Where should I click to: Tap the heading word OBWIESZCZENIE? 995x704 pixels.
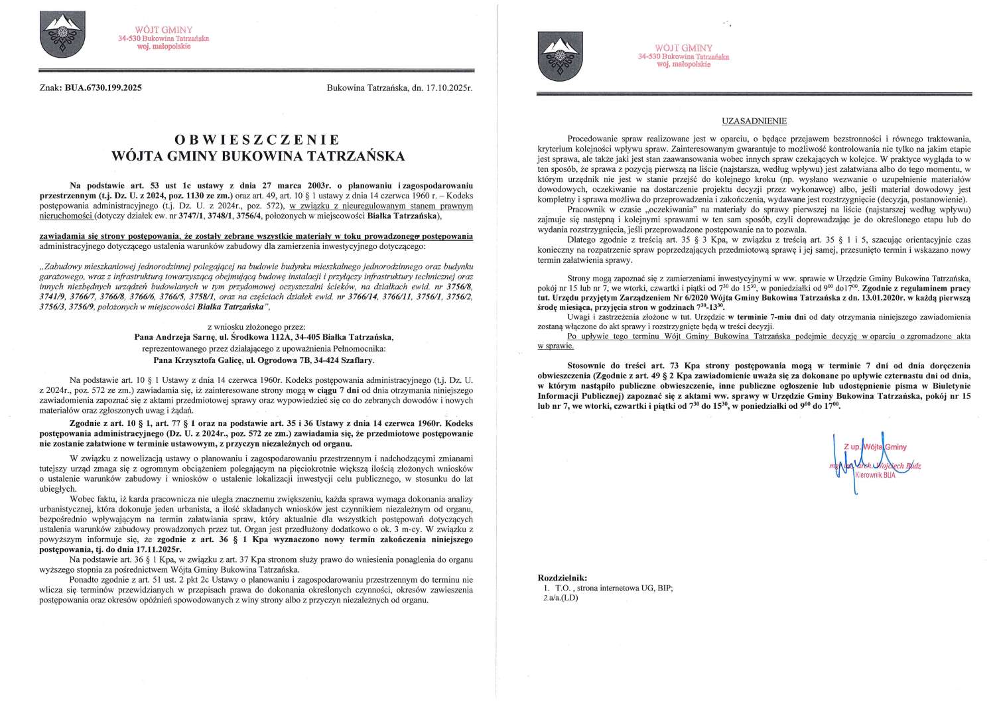tap(257, 140)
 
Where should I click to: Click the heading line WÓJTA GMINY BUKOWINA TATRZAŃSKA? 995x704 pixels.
tap(257, 157)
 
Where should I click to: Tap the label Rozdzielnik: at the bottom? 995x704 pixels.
tap(563, 578)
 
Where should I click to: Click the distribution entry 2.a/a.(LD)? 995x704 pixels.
tap(561, 597)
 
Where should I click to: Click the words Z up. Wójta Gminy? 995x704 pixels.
tap(875, 447)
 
